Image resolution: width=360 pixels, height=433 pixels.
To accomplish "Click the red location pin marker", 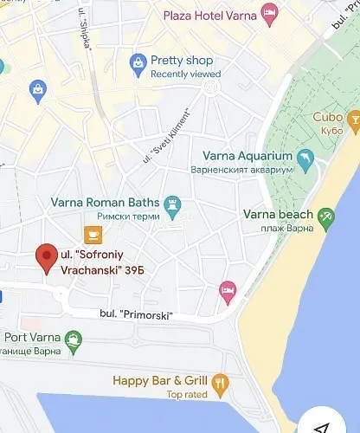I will (x=46, y=258).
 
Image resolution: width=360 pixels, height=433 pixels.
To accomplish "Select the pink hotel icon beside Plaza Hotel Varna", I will (x=269, y=13).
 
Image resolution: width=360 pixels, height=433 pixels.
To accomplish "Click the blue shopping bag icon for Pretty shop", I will (x=137, y=62).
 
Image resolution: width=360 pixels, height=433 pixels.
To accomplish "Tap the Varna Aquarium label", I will (x=241, y=156).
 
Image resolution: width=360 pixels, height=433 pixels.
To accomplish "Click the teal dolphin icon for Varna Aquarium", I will (x=305, y=158).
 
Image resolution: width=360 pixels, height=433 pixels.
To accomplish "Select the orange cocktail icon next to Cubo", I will (x=353, y=119).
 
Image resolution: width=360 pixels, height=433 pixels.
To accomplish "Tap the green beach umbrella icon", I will (x=325, y=218).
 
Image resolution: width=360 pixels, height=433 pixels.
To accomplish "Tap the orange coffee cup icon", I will (x=92, y=234).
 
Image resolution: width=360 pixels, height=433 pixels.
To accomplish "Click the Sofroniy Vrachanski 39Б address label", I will (x=101, y=262).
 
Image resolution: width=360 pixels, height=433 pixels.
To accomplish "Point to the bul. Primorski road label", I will (x=136, y=314).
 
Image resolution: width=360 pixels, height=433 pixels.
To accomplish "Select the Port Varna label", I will (x=31, y=337).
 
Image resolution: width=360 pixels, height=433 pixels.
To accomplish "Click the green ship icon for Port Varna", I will (x=74, y=339).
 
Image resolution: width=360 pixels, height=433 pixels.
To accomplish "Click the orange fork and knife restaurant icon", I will (x=220, y=382).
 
